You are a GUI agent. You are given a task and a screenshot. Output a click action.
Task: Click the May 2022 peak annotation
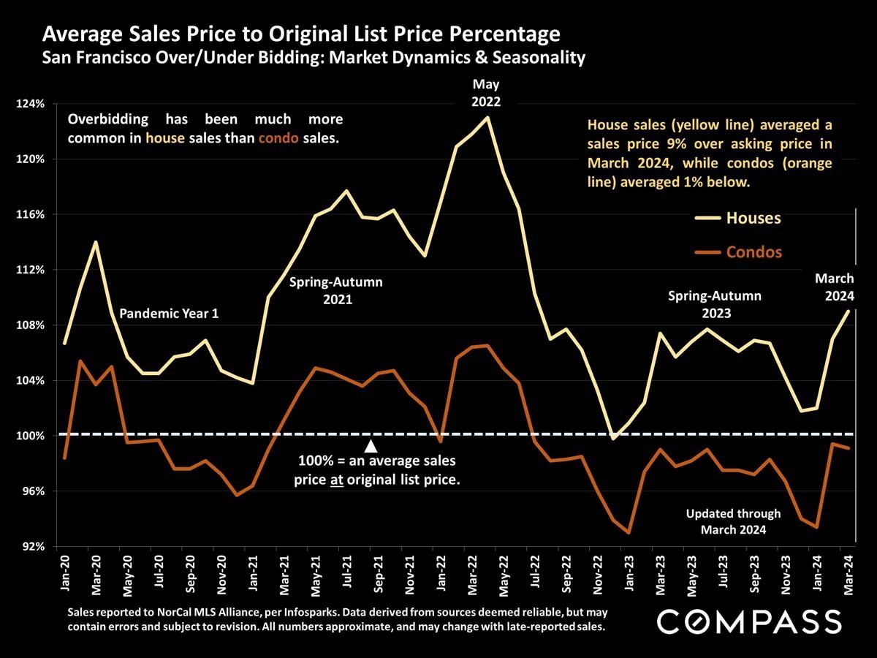tap(487, 93)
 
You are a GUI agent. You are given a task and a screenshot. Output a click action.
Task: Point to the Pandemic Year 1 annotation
tap(169, 314)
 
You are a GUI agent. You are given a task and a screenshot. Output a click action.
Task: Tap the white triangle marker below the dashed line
tap(371, 446)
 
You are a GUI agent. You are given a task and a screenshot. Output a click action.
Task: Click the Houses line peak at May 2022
tap(487, 117)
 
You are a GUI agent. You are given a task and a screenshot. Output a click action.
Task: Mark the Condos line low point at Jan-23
tap(629, 533)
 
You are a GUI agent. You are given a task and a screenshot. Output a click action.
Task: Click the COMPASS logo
tap(750, 621)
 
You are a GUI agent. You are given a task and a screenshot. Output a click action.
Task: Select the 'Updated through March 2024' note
tap(733, 521)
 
